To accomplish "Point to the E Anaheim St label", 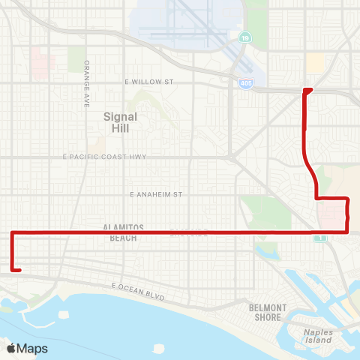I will [157, 194].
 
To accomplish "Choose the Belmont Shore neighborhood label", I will [268, 312].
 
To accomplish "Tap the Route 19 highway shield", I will [244, 58].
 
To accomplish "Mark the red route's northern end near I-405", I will [307, 89].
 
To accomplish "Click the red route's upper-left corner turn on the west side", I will [13, 233].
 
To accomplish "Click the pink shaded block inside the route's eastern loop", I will [331, 216].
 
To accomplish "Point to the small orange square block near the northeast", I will [315, 62].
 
